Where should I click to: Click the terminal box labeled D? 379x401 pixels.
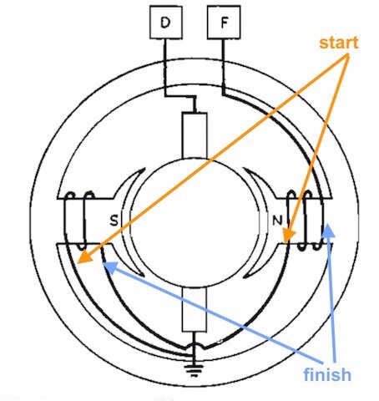pyautogui.click(x=166, y=23)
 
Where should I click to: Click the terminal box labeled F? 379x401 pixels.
pyautogui.click(x=224, y=22)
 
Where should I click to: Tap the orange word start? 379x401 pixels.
pyautogui.click(x=339, y=43)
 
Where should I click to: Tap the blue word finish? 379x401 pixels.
pyautogui.click(x=327, y=374)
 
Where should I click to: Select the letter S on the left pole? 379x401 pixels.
pyautogui.click(x=114, y=221)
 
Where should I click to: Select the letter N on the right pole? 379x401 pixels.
pyautogui.click(x=277, y=221)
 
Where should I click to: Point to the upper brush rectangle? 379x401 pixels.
pyautogui.click(x=195, y=135)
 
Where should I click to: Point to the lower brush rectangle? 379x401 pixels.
pyautogui.click(x=195, y=309)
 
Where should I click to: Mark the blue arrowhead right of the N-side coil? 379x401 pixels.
pyautogui.click(x=328, y=231)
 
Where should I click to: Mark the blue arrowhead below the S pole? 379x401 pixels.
pyautogui.click(x=110, y=266)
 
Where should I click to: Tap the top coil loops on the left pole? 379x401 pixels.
pyautogui.click(x=80, y=195)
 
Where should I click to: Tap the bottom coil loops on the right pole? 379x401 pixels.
pyautogui.click(x=310, y=246)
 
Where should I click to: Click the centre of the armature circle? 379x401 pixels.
pyautogui.click(x=195, y=223)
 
